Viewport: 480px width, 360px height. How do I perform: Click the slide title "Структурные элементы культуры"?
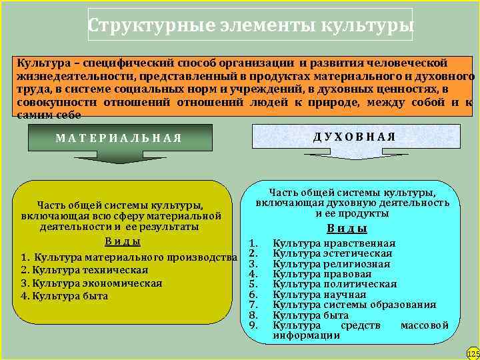tap(250, 25)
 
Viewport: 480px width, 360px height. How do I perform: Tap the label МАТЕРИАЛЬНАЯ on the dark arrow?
tap(119, 138)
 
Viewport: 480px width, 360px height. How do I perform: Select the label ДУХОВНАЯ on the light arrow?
tap(354, 136)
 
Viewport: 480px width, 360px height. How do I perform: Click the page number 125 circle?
tap(473, 353)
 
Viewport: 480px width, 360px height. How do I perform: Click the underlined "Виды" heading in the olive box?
tap(123, 241)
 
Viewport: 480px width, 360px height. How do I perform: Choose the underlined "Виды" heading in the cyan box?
tap(347, 228)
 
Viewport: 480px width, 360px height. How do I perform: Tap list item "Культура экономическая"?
tap(91, 283)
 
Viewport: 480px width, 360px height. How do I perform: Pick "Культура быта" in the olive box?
tap(69, 295)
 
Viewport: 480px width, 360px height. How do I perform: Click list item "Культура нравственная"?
tap(334, 243)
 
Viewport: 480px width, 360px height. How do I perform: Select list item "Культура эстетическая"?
tap(333, 253)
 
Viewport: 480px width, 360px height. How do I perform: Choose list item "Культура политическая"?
tap(335, 284)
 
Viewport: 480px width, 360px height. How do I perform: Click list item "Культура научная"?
tap(319, 294)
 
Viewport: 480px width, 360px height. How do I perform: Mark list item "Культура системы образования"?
tap(355, 305)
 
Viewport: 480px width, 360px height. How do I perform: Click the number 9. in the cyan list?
tap(253, 325)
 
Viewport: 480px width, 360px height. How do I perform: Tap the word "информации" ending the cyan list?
tap(307, 335)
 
